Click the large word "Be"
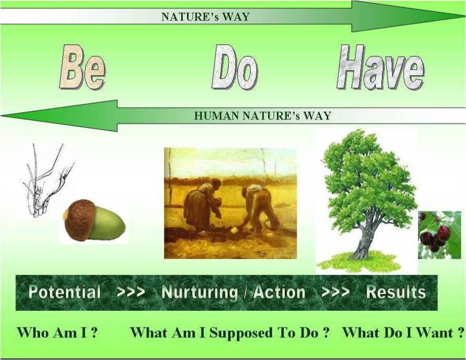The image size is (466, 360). point(82,67)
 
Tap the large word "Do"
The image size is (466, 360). point(235,67)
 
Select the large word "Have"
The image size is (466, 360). point(381,67)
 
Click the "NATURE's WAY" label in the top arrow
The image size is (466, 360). point(205,17)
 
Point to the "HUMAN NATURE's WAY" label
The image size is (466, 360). point(263,115)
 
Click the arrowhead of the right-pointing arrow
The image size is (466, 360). point(407,16)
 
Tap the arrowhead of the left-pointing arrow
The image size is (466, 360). point(59,115)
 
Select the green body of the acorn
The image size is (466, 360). point(108,223)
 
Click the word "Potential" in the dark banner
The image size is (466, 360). point(65,292)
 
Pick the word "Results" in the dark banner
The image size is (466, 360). point(396,292)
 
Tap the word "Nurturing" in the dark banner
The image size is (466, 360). point(200,292)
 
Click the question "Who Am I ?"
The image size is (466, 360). point(57,332)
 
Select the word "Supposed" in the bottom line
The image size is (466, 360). point(241,333)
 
